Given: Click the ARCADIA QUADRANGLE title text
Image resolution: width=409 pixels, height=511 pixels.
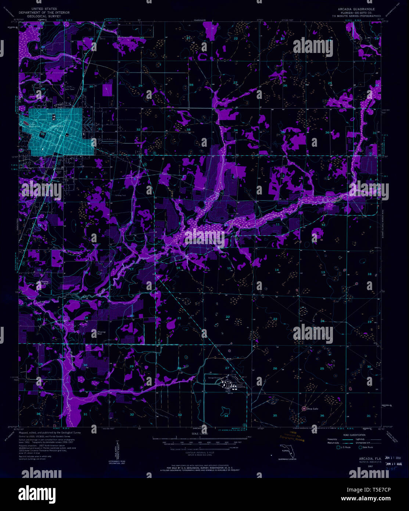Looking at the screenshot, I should [354, 8].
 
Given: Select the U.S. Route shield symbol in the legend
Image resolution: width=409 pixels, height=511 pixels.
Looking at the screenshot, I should [338, 447].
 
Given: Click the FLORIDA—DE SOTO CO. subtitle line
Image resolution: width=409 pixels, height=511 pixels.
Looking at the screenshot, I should [354, 12].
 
